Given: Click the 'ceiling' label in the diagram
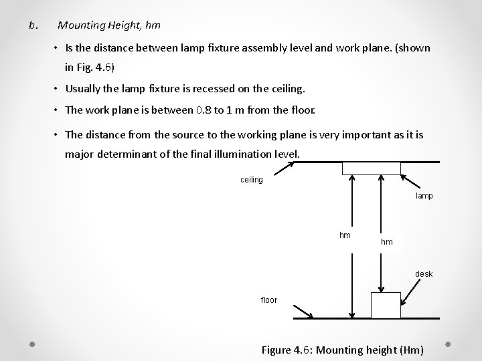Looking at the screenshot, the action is (251, 179).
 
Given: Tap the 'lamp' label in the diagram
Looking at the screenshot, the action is (424, 196).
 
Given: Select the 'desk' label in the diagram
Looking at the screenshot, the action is (424, 273).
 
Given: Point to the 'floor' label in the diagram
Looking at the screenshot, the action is (268, 300).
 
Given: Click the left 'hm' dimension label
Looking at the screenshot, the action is (345, 235).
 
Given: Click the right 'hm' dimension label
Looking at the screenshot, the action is (387, 241).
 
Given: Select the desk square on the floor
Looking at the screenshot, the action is (385, 306).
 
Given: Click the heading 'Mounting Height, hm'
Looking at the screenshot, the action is (109, 25).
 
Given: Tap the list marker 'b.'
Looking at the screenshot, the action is (33, 25).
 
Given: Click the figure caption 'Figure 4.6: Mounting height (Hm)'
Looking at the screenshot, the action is (342, 350).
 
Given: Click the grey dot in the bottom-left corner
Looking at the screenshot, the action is (32, 344).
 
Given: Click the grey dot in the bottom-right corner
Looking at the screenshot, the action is (449, 344).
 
